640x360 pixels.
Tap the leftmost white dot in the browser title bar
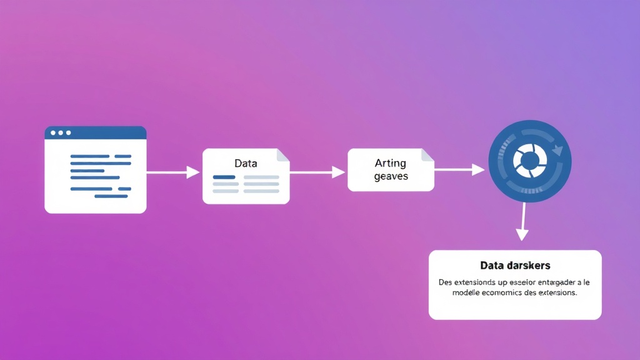(52, 132)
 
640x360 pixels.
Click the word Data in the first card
(246, 163)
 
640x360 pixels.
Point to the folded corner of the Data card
(283, 154)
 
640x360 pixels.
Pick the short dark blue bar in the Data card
(224, 177)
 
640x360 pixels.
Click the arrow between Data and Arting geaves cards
(317, 172)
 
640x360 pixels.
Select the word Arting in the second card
(390, 163)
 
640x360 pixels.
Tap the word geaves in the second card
(391, 176)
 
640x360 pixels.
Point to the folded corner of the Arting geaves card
(427, 154)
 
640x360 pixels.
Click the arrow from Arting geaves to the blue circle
(459, 169)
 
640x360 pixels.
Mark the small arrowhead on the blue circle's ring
(557, 150)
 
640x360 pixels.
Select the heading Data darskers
(515, 266)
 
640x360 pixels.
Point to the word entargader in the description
(552, 282)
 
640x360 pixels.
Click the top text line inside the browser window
(101, 156)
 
